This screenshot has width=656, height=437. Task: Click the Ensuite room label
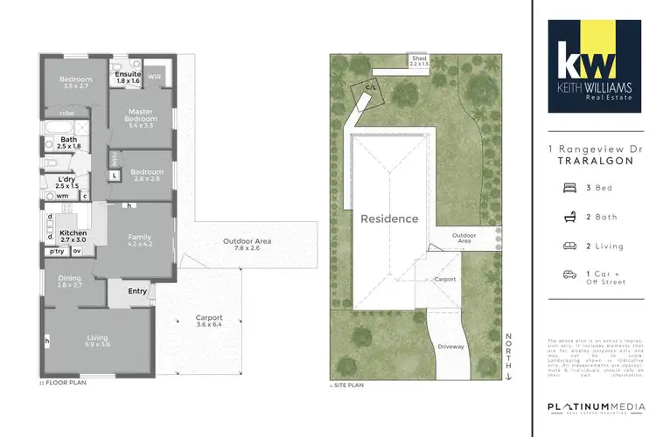[129, 78]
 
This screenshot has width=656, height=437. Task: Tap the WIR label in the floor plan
[154, 77]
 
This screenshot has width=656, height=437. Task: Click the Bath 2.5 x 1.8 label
[67, 142]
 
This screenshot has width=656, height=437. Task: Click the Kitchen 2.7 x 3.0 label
[73, 237]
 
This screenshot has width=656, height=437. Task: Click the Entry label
[138, 291]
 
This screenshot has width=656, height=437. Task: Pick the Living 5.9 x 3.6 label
[98, 340]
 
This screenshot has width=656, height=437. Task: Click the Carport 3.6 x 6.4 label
[208, 321]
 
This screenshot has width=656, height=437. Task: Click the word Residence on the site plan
[389, 218]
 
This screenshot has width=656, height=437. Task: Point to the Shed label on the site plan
[421, 60]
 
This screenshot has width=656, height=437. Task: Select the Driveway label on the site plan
[451, 346]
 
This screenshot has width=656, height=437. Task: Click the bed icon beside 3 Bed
[569, 187]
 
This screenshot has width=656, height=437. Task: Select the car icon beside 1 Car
[569, 274]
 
